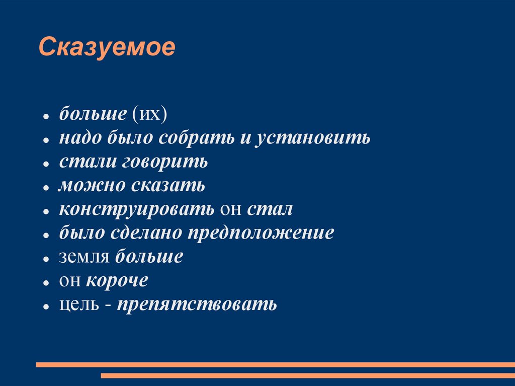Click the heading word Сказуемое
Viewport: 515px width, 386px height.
(107, 48)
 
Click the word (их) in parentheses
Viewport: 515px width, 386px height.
(149, 114)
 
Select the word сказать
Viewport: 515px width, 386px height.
(168, 186)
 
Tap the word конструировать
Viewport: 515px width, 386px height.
(137, 209)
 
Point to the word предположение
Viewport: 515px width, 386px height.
(261, 234)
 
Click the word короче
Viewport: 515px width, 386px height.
(117, 280)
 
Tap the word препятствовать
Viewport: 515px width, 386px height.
(197, 304)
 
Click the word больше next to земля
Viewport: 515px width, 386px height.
(149, 257)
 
